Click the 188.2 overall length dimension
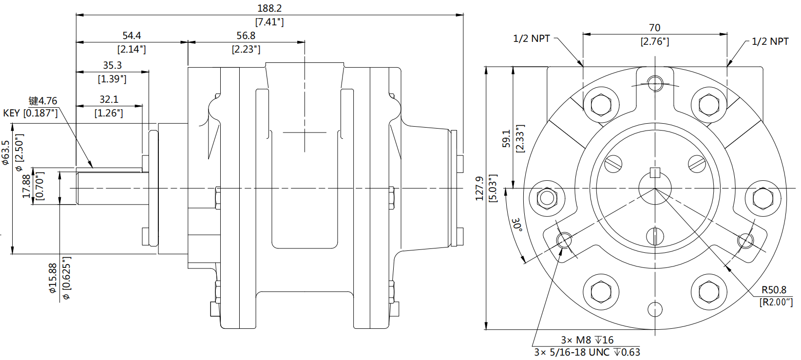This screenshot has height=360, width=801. [x=269, y=8]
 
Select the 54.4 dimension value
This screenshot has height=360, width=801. [x=132, y=36]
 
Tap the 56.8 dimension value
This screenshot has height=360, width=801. [x=246, y=36]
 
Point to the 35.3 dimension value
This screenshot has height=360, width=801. [x=112, y=65]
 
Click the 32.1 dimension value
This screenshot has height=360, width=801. [x=109, y=99]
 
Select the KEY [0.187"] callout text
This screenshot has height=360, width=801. [x=30, y=113]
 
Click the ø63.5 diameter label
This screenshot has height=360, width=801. [x=5, y=152]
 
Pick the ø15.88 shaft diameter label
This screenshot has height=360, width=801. [x=53, y=278]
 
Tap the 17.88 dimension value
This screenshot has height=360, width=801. [x=26, y=186]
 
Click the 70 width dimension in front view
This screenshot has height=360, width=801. [x=654, y=28]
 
